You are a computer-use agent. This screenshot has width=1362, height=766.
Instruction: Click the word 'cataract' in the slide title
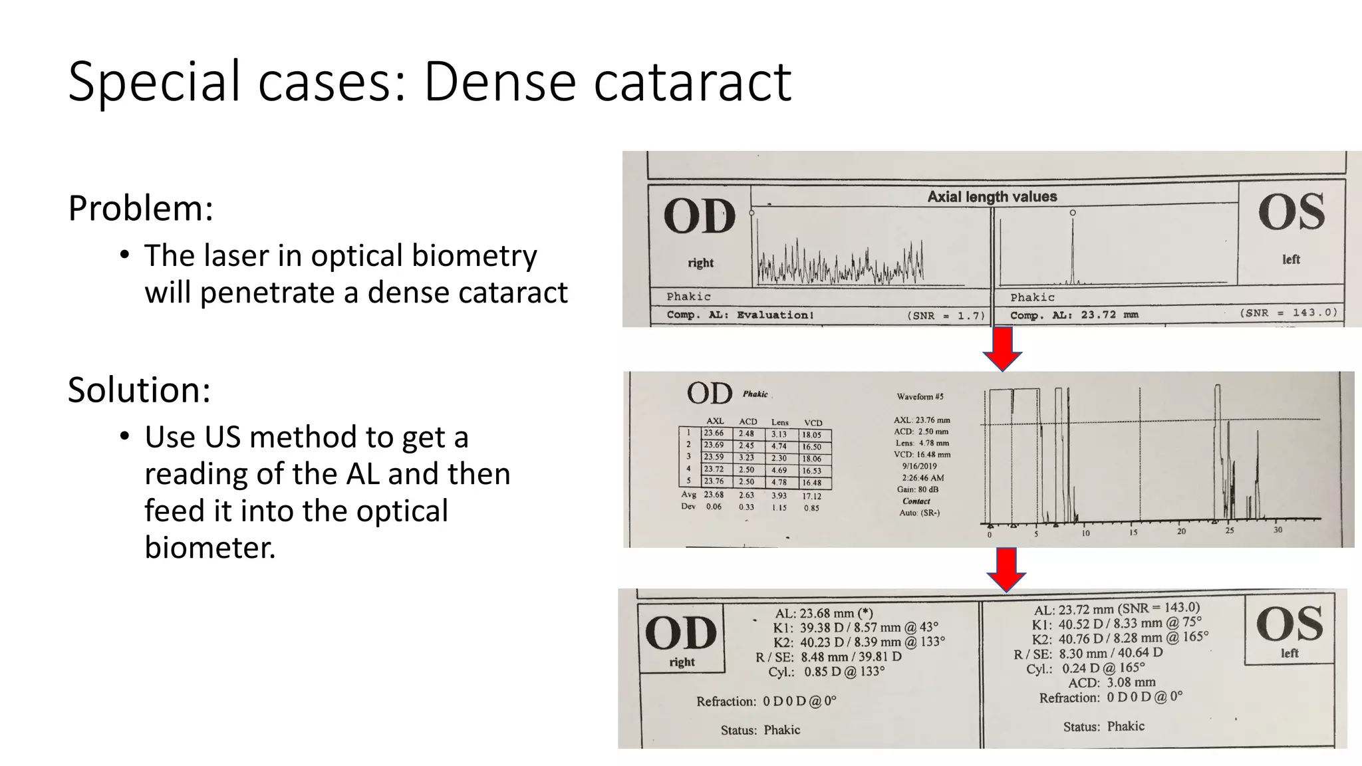coord(692,82)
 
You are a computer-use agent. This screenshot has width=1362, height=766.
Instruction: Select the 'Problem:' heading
coord(140,209)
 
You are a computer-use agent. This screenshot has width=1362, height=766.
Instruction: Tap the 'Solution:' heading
coord(139,390)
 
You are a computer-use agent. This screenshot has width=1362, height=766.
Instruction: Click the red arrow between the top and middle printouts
coord(1002,348)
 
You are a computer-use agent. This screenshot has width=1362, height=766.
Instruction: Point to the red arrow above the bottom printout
coord(1006,569)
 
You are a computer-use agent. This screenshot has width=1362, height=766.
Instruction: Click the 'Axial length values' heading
coord(992,197)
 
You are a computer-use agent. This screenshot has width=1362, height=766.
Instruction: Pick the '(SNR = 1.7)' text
coord(946,316)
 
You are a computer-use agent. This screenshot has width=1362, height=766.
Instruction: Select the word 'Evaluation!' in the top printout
coord(775,315)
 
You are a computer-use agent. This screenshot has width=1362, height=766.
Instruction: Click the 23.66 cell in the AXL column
coord(714,433)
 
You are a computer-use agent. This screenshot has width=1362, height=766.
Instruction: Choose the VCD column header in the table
coord(813,423)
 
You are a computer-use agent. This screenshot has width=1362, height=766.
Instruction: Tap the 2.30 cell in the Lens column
coord(779,458)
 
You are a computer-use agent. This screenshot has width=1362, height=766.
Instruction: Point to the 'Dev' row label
coord(688,507)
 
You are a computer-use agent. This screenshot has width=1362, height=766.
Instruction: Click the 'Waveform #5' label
coord(920,397)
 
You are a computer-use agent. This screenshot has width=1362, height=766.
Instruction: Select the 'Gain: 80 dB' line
coord(917,489)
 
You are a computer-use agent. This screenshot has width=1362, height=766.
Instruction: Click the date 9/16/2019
coord(919,466)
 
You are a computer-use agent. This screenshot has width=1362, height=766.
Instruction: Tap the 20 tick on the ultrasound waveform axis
coord(1181,531)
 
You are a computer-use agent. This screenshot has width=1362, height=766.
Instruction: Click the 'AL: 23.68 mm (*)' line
coord(824,614)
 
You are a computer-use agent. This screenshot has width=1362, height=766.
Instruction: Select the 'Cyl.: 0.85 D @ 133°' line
coord(826,672)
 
